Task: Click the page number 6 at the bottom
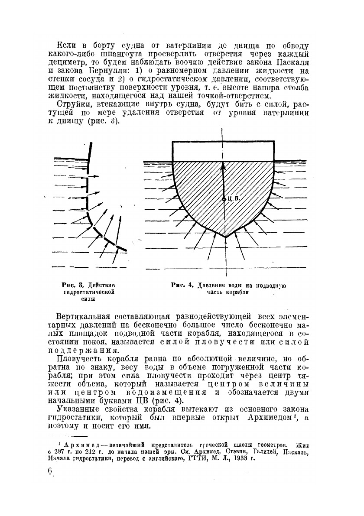click(50, 471)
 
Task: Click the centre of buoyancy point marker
click(224, 199)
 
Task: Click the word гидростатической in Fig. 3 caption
click(88, 292)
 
